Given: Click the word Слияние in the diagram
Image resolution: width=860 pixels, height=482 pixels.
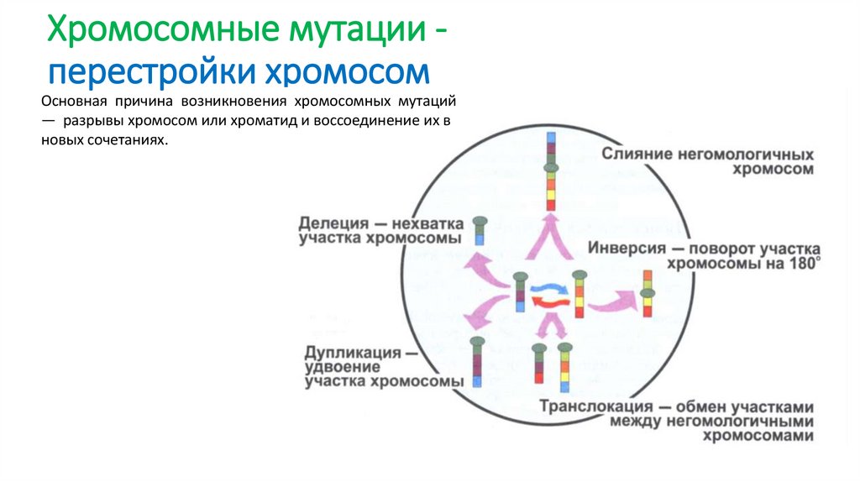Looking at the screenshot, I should [x=636, y=155].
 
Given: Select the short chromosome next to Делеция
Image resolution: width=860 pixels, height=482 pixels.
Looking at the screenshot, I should [x=480, y=231].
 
